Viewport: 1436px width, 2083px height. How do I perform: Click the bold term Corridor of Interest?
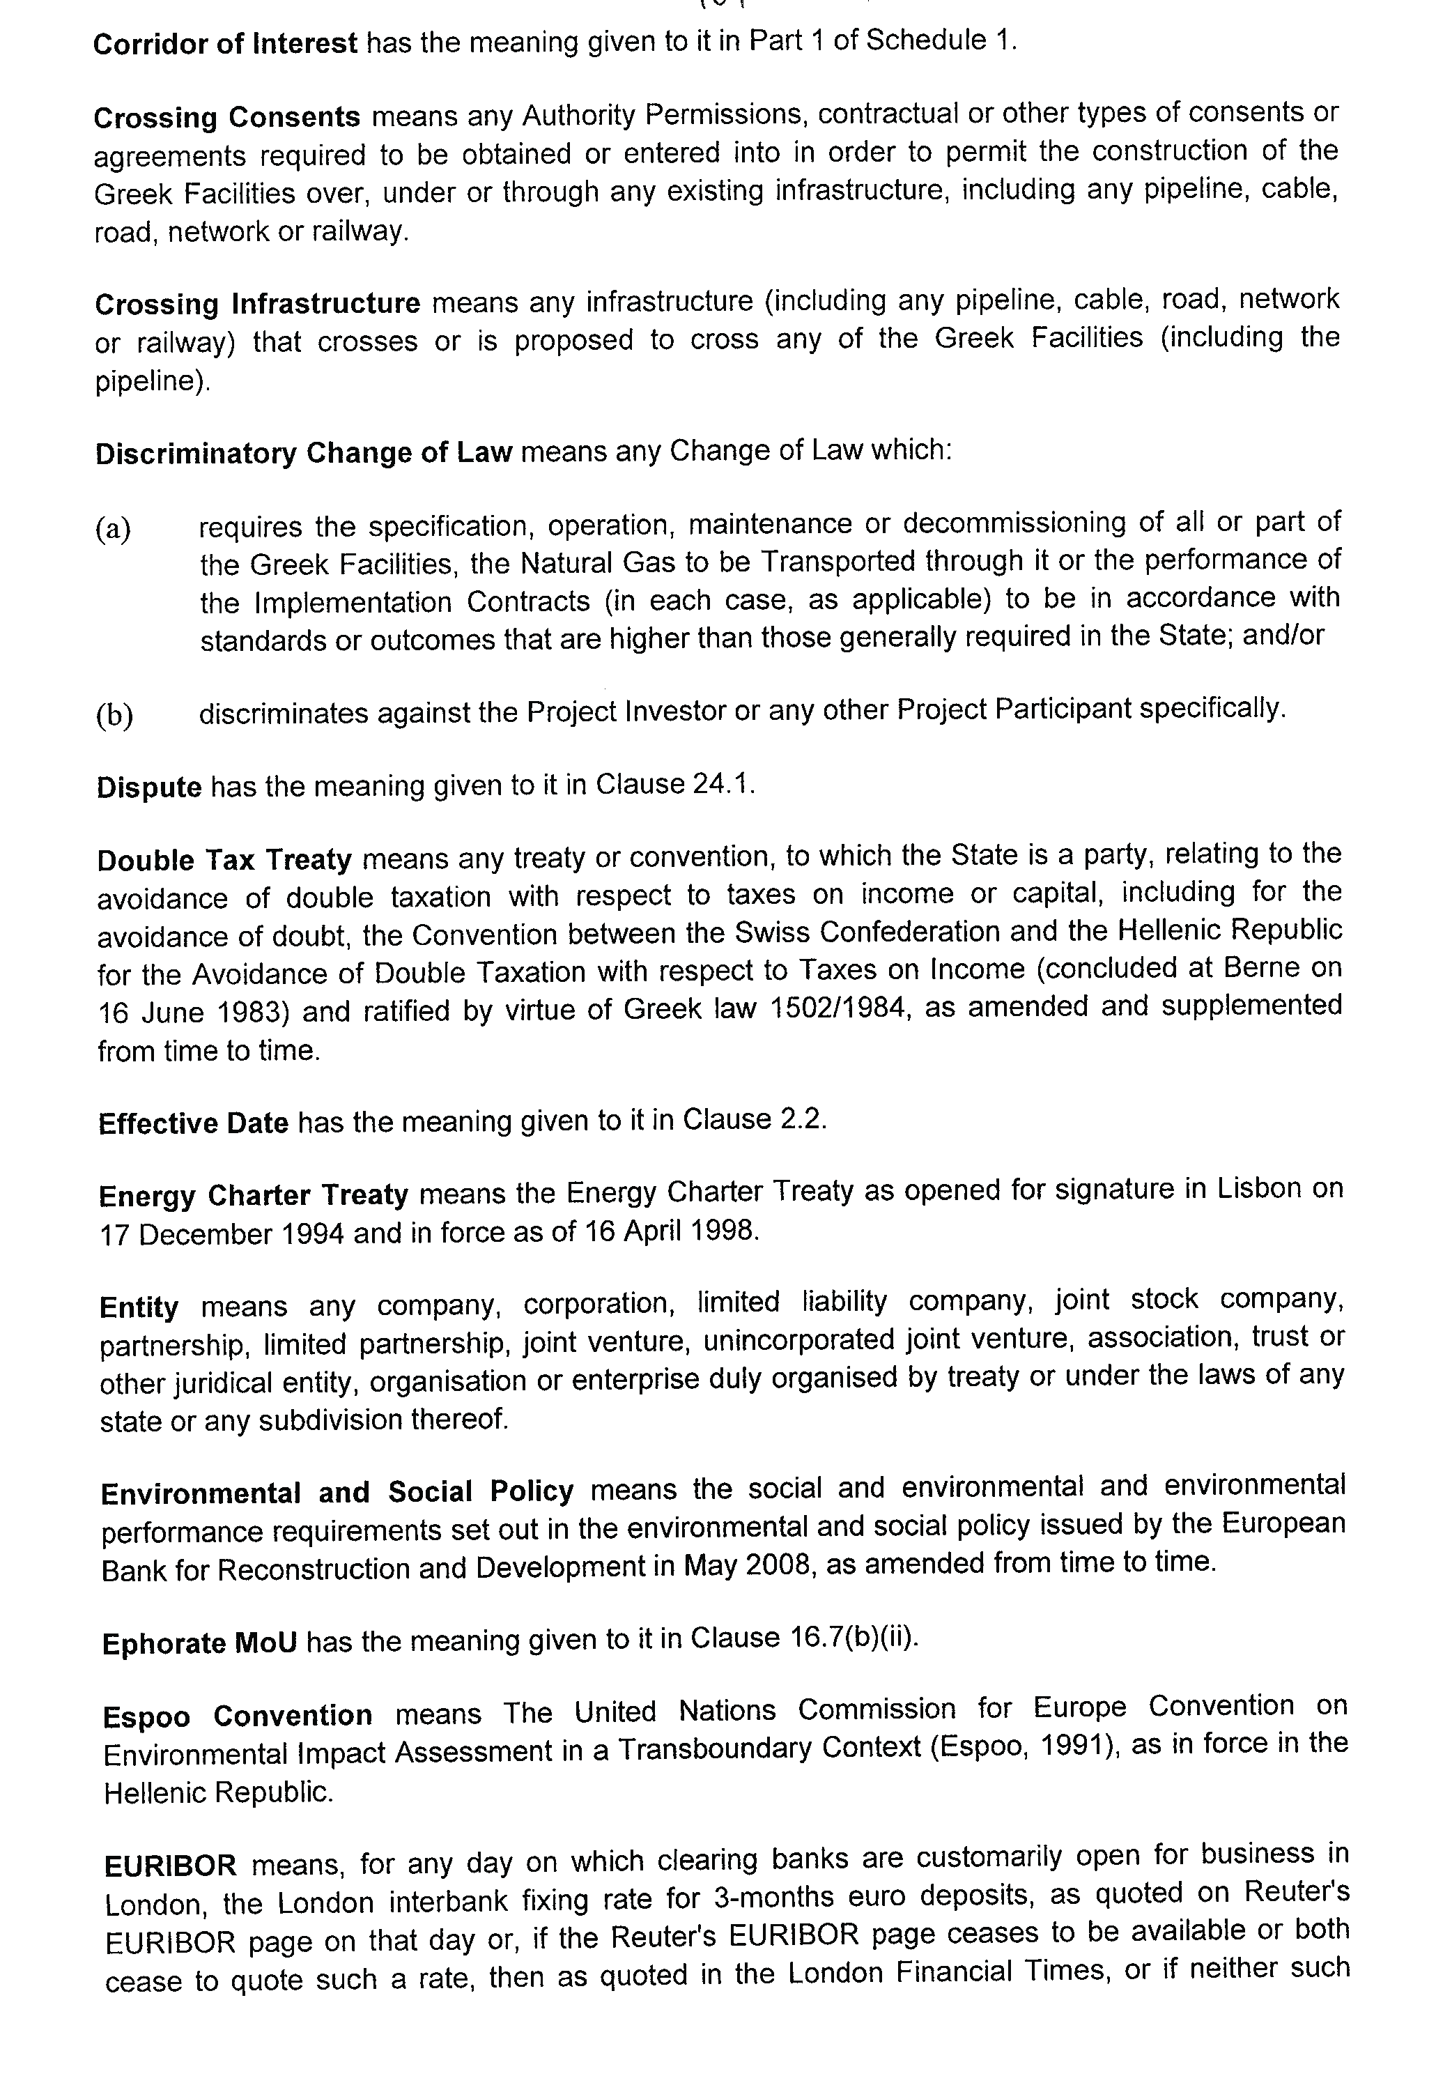pyautogui.click(x=225, y=43)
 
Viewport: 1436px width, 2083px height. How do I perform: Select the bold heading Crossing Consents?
pyautogui.click(x=226, y=117)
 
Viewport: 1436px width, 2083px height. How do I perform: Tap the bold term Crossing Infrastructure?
pyautogui.click(x=257, y=303)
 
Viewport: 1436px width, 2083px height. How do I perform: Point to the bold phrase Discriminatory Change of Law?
pyautogui.click(x=303, y=452)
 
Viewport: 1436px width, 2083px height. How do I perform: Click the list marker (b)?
pyautogui.click(x=114, y=714)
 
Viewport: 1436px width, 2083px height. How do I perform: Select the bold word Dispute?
pyautogui.click(x=149, y=787)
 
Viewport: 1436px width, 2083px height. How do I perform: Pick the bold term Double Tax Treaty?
pyautogui.click(x=224, y=860)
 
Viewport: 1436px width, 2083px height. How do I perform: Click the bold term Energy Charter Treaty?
pyautogui.click(x=254, y=1196)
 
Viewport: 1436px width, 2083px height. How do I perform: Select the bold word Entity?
pyautogui.click(x=139, y=1307)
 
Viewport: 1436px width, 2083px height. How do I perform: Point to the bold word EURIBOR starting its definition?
pyautogui.click(x=171, y=1864)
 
